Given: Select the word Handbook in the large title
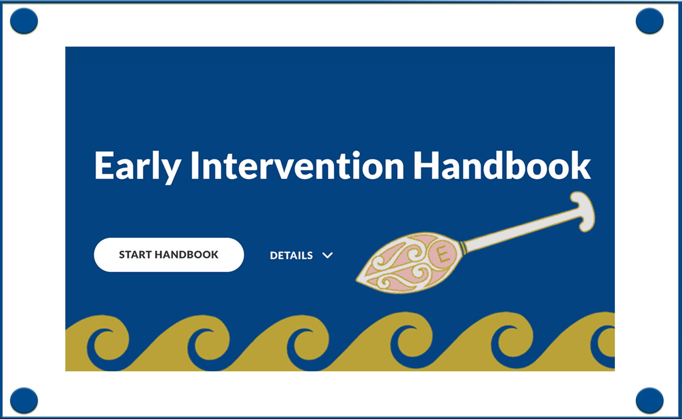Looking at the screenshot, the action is pos(502,165).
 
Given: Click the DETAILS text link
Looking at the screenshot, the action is pos(291,255).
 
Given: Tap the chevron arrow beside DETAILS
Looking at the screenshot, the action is pos(328,255).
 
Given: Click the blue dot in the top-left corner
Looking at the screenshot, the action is pos(24,21).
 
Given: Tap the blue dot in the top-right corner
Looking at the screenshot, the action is pos(650,21).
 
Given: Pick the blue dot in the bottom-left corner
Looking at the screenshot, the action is pos(24,400).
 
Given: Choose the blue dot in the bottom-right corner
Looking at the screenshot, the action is pos(650,400).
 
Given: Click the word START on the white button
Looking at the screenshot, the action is pos(135,255).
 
